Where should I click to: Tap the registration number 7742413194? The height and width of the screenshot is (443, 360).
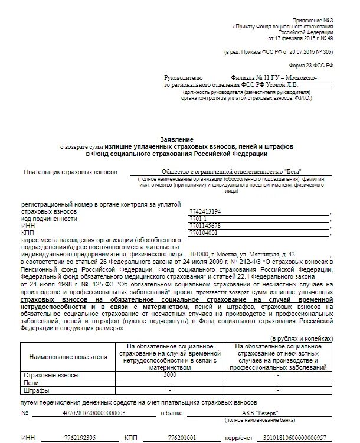click(x=205, y=211)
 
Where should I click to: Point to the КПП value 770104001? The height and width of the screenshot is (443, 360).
click(x=204, y=233)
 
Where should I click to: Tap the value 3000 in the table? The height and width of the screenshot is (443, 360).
click(x=170, y=375)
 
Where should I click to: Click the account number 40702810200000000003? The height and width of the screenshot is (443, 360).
click(x=94, y=413)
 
